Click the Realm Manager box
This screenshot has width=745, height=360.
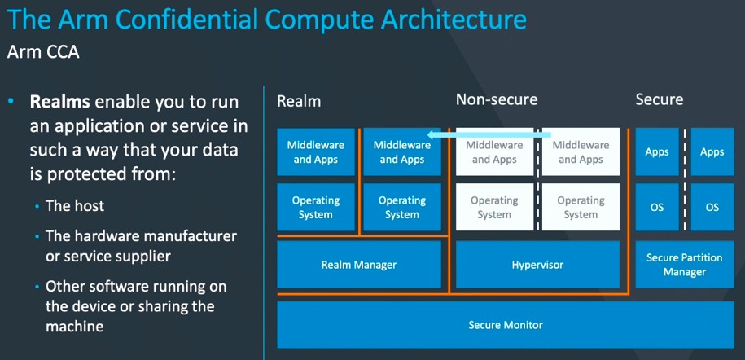click(358, 265)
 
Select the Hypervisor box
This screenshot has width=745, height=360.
click(537, 265)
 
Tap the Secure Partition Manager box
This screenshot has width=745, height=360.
click(684, 265)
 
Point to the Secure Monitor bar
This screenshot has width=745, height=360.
click(505, 325)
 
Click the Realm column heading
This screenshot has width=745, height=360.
click(299, 100)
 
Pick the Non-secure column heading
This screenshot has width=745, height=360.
click(497, 100)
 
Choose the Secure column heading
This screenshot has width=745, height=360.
click(659, 100)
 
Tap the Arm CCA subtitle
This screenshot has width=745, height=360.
click(43, 51)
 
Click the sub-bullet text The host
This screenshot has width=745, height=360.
click(75, 206)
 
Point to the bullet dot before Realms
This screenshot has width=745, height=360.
click(11, 102)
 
